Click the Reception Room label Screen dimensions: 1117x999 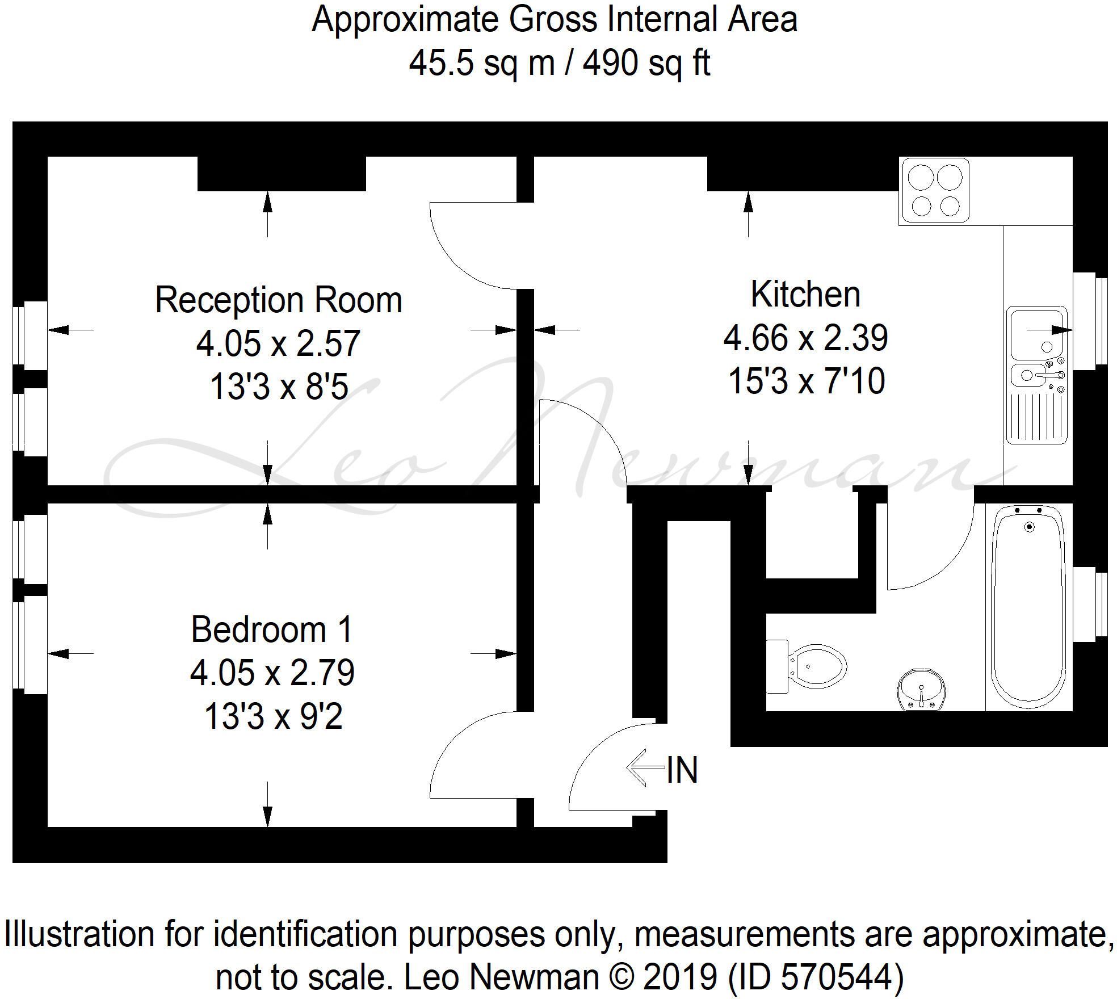coord(279,300)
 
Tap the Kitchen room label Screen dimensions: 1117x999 coord(805,295)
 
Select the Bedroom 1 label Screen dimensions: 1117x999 coord(272,629)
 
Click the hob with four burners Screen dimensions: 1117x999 coord(934,191)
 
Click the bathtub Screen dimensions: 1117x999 coord(1029,607)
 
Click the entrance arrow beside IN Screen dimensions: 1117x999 coord(645,768)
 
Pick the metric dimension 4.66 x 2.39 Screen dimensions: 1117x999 coord(805,338)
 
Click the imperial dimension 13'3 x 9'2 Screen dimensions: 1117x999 coord(274,716)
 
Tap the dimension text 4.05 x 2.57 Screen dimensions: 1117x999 coord(278,343)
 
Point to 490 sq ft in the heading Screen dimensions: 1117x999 coord(646,63)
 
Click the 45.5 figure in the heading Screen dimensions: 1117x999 coord(441,63)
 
